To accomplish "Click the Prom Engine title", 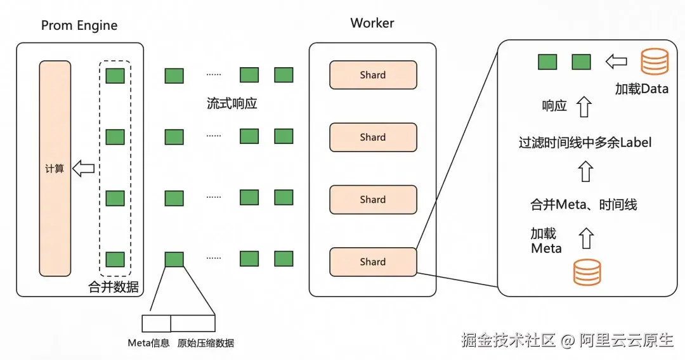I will coord(79,25).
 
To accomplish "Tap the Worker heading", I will coord(372,23).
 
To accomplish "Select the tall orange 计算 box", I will coord(55,169).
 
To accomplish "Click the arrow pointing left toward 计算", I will coord(83,169).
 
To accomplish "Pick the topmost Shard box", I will coord(373,75).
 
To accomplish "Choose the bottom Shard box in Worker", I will coord(373,262).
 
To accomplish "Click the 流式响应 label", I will coord(232,103).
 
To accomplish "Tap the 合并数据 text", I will coord(114,286).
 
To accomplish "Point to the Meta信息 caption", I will coord(148,343).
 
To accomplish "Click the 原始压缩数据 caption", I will coord(205,343).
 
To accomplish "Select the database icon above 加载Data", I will coord(654,62).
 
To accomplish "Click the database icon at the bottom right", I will coord(587,271).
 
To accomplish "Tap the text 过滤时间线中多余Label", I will coord(585,143).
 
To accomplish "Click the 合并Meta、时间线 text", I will coord(584,205).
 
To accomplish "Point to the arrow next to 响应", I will coord(584,106).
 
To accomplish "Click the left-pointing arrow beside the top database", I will coord(616,62).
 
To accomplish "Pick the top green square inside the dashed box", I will coord(115,75).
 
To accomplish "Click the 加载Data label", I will coord(642,89).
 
